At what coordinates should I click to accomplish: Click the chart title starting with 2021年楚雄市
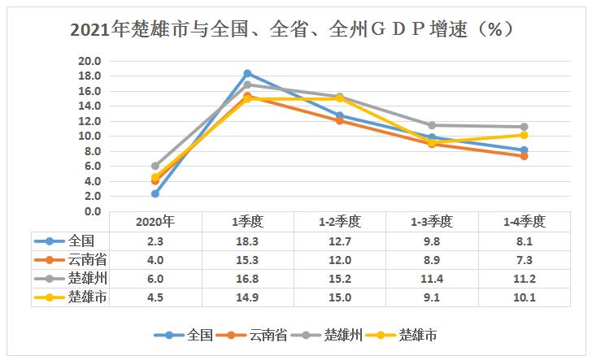point(296,30)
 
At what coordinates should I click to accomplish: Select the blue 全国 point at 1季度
point(247,73)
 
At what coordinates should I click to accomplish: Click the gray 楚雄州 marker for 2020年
point(155,166)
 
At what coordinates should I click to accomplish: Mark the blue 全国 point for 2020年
point(155,193)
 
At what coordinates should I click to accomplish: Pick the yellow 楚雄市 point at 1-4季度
point(525,135)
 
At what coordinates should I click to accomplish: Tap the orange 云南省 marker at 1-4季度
point(525,156)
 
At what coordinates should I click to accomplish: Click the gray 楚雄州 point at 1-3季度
point(432,125)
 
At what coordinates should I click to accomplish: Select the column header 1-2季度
point(340,221)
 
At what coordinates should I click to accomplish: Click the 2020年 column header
point(155,221)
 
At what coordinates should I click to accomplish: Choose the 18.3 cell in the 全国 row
point(247,241)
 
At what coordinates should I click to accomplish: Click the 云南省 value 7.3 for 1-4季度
point(525,259)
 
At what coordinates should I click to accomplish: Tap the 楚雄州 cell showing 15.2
point(340,278)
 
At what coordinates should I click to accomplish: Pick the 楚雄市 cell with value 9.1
point(432,297)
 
